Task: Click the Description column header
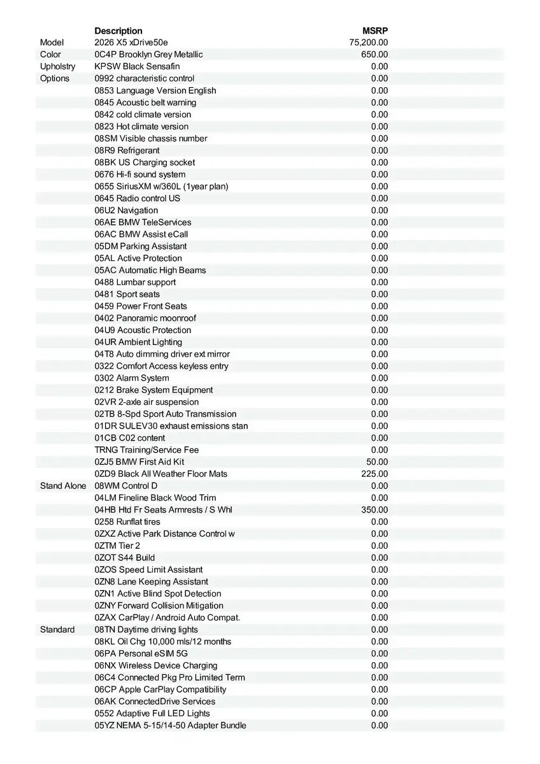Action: coord(118,31)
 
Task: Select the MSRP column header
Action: coord(375,31)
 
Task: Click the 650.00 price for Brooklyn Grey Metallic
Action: coord(374,55)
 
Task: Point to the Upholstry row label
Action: coord(57,66)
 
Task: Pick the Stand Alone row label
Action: coord(62,486)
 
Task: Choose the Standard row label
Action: coord(57,630)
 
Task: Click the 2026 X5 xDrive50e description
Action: coord(131,43)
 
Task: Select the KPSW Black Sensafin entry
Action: coord(137,66)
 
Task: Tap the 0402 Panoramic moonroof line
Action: coord(145,318)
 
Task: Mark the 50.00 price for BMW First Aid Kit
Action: coord(377,462)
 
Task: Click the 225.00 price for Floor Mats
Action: coord(374,474)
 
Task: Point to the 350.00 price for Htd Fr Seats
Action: coord(374,510)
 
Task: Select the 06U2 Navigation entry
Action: coord(126,210)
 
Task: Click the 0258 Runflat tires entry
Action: coord(127,522)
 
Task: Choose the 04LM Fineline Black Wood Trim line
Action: coord(155,498)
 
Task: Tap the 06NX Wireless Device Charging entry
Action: coord(156,665)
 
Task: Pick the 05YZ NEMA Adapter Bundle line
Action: coord(170,725)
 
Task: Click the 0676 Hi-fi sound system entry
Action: coord(140,174)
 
